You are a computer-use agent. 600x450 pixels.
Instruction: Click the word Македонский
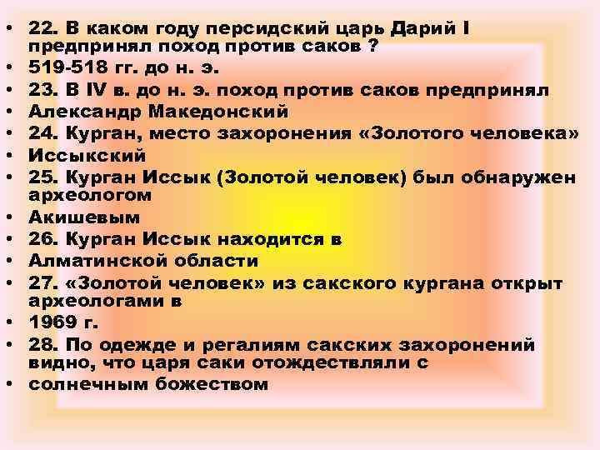tap(217, 112)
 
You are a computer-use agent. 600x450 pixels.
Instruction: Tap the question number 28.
tap(42, 345)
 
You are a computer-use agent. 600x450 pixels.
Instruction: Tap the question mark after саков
tap(373, 47)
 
